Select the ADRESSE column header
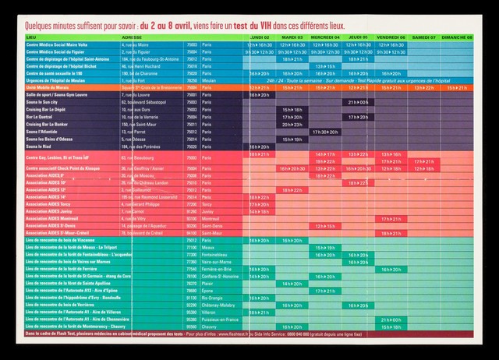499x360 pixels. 132,37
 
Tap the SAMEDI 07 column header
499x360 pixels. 423,37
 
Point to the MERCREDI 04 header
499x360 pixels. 325,37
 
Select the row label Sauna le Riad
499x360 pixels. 38,146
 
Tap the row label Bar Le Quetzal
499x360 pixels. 41,117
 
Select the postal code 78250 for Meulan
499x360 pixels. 191,80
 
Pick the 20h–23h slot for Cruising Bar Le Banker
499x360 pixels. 292,124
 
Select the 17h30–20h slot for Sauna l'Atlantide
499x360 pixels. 325,132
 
